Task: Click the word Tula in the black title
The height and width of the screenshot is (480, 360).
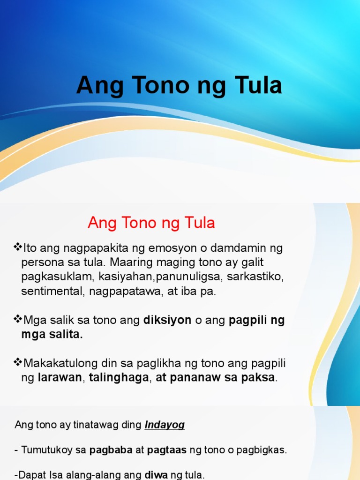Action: coord(256,86)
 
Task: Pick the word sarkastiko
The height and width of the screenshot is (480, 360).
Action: coord(255,277)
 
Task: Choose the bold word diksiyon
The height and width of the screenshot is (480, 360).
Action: coord(167,321)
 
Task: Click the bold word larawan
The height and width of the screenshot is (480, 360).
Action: coord(60,378)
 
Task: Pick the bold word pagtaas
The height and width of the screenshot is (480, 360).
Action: coord(167,450)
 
